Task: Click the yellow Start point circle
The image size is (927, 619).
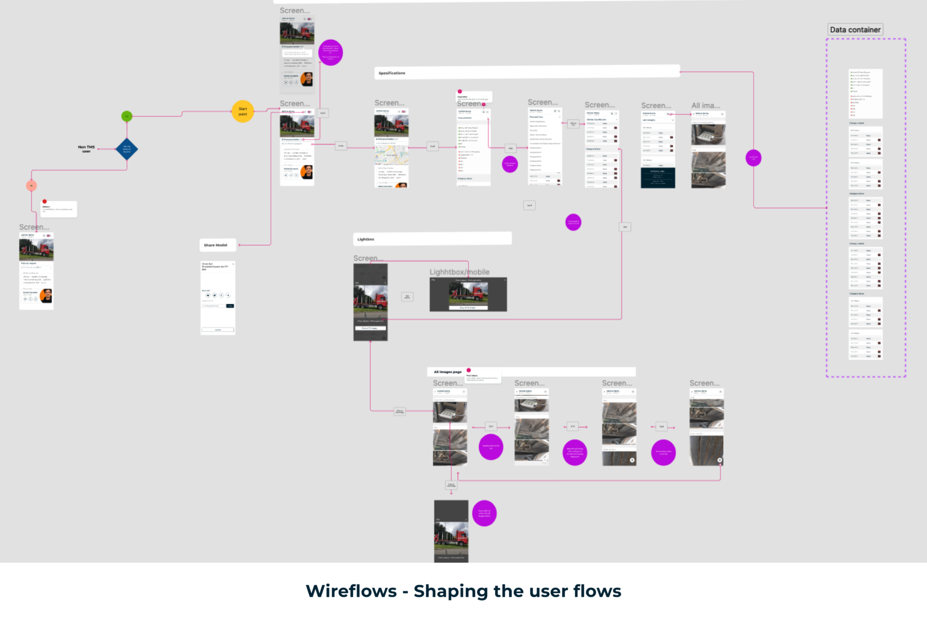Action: click(243, 111)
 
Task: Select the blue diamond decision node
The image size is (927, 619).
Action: click(127, 149)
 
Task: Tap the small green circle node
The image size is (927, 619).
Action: click(127, 116)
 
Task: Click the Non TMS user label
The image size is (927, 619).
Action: click(86, 149)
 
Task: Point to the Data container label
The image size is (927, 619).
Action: click(855, 30)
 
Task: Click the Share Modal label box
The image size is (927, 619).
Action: click(216, 245)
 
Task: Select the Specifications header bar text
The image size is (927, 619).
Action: click(392, 73)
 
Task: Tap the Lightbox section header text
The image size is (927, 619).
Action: click(366, 239)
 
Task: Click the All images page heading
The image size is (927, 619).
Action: click(447, 372)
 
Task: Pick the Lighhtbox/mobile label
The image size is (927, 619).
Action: click(459, 272)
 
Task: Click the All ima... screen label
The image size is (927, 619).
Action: click(706, 105)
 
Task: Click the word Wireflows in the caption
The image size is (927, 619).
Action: click(351, 591)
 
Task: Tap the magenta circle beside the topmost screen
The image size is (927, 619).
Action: click(330, 52)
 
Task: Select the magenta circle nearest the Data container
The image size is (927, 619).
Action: click(753, 158)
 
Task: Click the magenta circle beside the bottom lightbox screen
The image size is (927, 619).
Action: click(484, 513)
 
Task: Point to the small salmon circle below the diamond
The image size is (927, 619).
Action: click(32, 185)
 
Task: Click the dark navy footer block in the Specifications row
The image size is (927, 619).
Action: click(658, 178)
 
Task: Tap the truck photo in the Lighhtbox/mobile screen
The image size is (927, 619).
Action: click(469, 293)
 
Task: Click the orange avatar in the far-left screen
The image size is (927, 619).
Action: click(46, 295)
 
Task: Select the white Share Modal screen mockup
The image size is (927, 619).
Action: click(218, 297)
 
